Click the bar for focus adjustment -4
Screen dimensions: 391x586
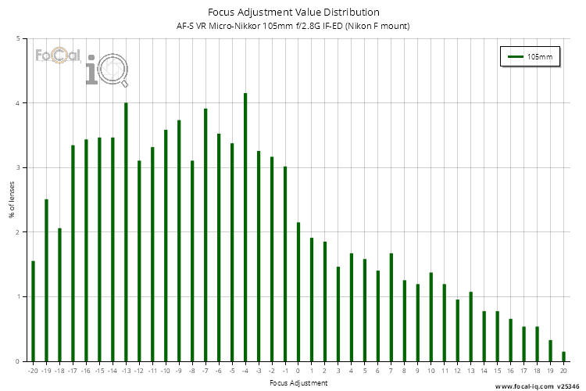[245, 227]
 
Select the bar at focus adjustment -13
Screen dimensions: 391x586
[126, 231]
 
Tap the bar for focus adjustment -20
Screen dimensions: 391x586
[33, 311]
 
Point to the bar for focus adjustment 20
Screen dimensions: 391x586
[563, 357]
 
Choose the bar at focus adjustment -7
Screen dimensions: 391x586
[205, 235]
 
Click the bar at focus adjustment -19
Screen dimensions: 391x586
[46, 280]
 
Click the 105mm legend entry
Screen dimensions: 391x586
[529, 57]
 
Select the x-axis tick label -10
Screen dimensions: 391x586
[166, 371]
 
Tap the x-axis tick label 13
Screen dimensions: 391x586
[470, 371]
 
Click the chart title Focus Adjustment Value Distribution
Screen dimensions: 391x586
[293, 12]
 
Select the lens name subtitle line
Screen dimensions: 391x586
[293, 26]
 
